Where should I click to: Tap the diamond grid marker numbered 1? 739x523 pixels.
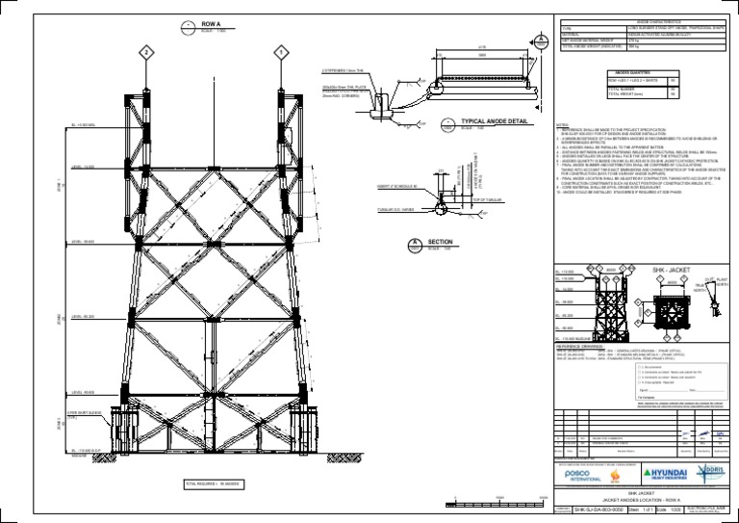[282, 51]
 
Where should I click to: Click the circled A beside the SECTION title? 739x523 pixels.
[414, 244]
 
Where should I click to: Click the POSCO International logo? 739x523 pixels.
[582, 475]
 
